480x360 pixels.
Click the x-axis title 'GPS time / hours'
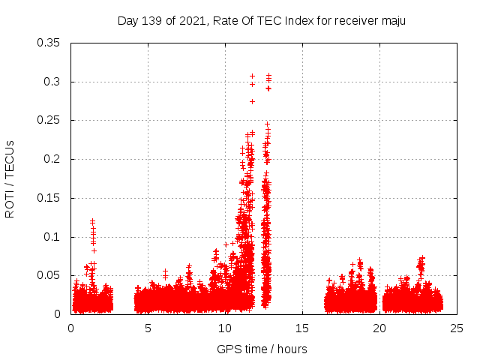[262, 349]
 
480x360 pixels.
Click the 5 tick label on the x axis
[148, 328]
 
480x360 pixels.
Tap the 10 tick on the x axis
[225, 328]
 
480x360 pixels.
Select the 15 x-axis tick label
[303, 328]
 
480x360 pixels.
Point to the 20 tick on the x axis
[380, 328]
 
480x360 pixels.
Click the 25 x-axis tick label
[457, 328]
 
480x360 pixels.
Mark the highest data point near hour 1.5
[92, 221]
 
